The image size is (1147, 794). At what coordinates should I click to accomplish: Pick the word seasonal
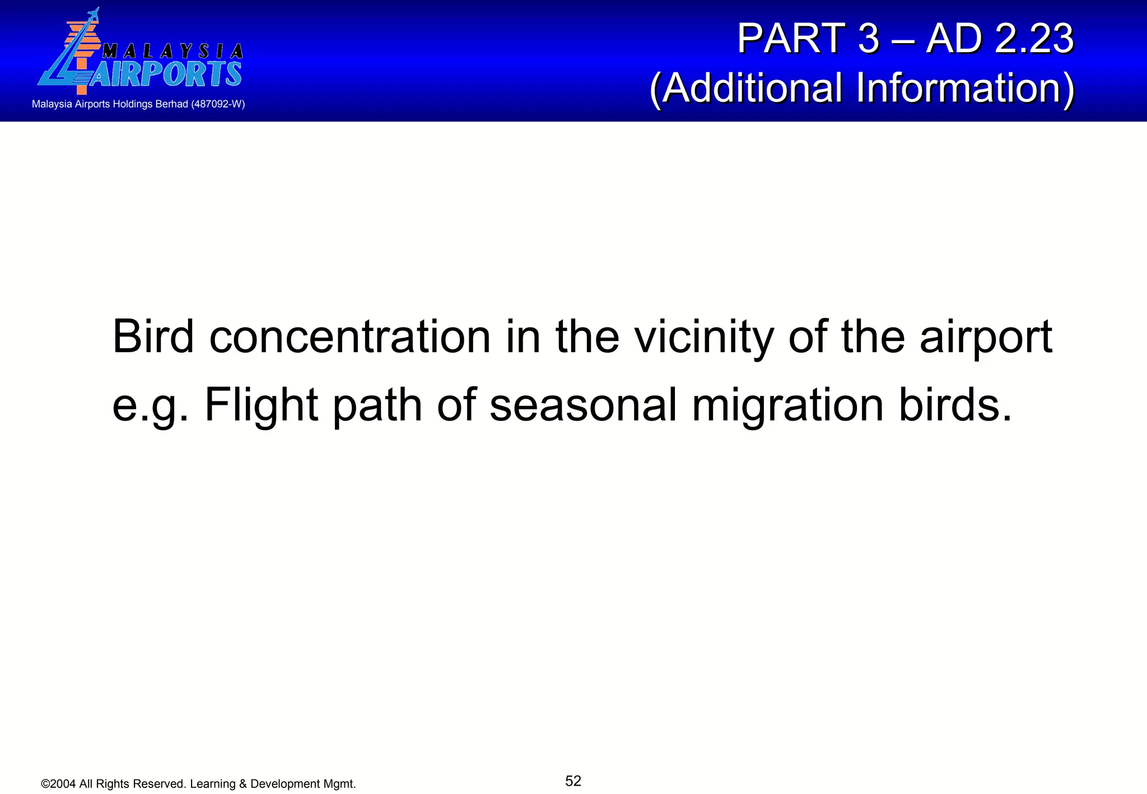583,405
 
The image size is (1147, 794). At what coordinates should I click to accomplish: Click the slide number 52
573,781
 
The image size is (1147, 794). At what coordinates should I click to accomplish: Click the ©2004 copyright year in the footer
59,784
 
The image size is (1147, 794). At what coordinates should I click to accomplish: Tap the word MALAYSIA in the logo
172,52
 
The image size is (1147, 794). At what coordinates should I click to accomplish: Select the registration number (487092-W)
218,104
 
